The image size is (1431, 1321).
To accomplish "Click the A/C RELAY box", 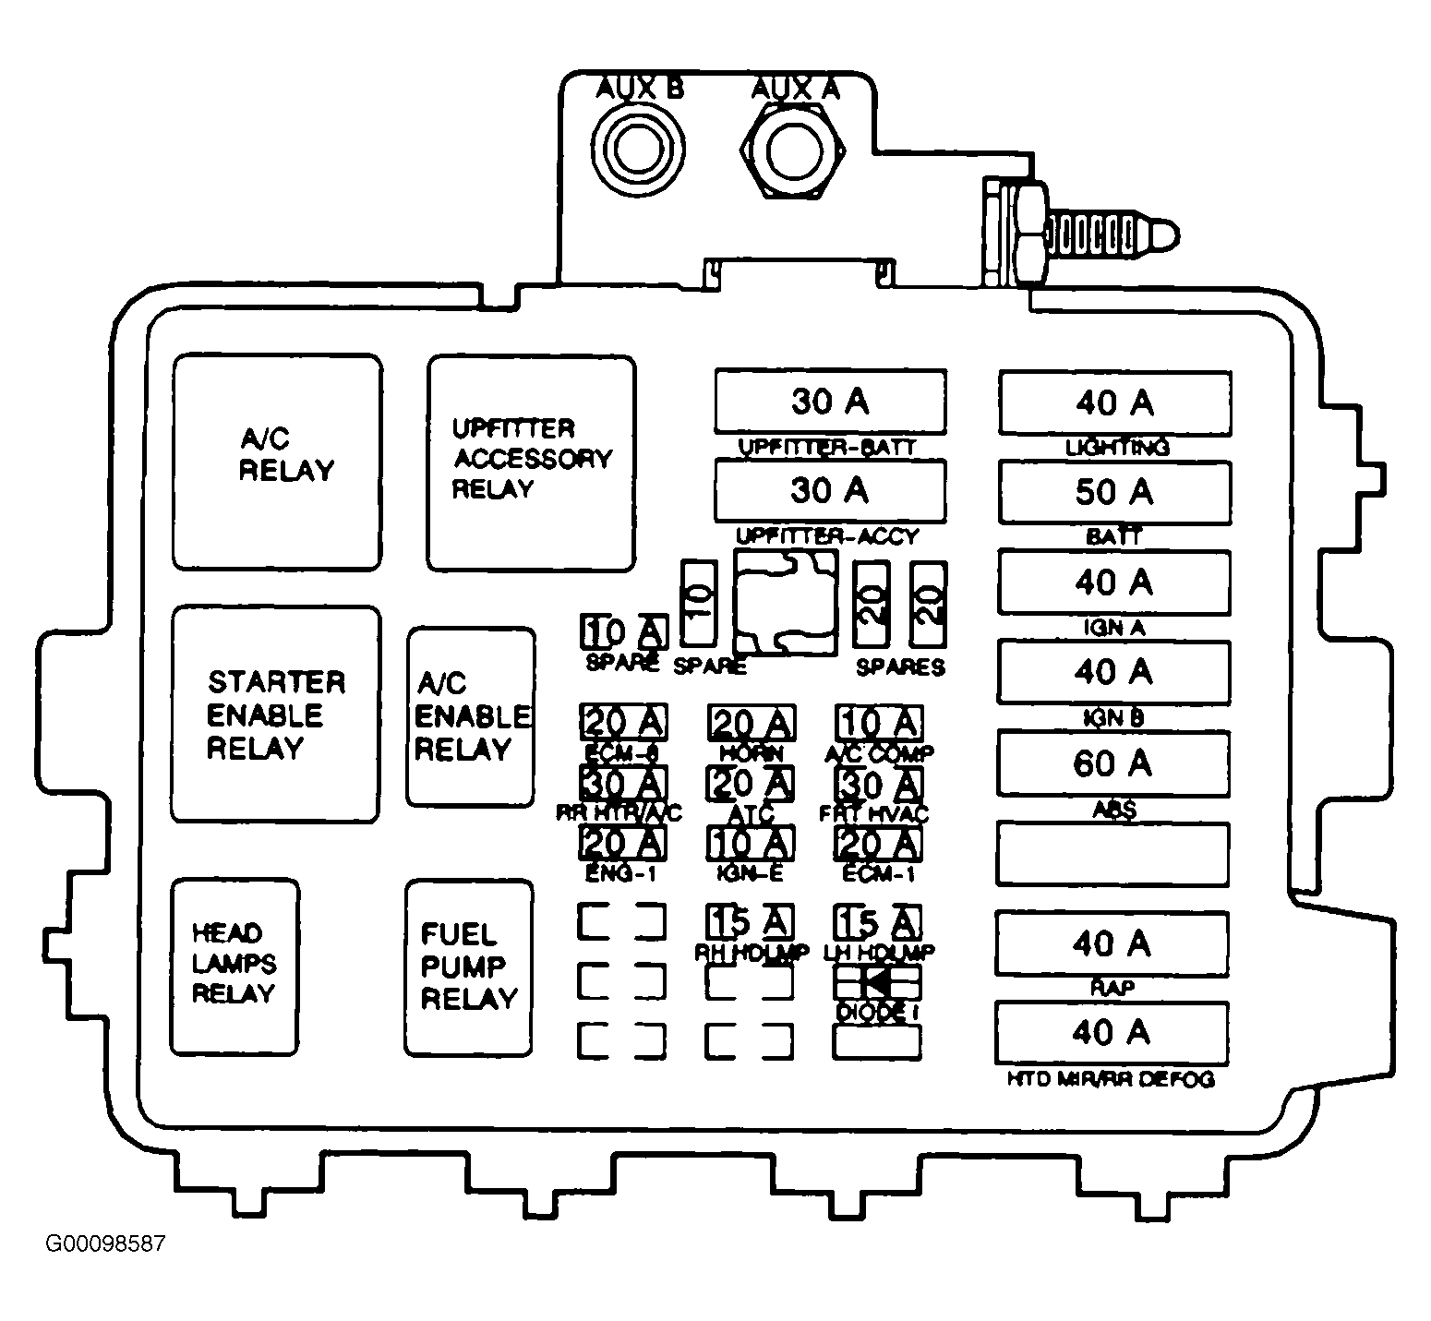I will (x=277, y=462).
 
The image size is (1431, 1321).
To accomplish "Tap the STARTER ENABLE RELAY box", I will (x=276, y=714).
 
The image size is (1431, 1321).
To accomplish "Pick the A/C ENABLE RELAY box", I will (x=471, y=717).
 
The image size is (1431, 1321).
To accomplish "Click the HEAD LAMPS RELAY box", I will (x=234, y=967).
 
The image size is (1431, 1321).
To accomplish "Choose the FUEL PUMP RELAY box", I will (x=469, y=968).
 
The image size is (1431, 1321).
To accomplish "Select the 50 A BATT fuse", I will (x=1114, y=492).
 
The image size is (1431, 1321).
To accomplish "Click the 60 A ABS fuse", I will (x=1113, y=763).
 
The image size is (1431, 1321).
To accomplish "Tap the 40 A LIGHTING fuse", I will (x=1114, y=402).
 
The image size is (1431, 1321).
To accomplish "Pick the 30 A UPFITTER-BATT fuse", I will (x=830, y=402).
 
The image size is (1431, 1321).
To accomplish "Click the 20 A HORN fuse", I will (x=752, y=723).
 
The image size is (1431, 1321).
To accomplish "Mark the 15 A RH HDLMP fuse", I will (x=751, y=921).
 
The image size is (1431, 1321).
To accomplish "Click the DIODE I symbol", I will (x=877, y=982).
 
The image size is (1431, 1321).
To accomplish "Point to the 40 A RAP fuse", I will (x=1112, y=943).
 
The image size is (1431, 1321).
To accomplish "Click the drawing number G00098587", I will (x=105, y=1244).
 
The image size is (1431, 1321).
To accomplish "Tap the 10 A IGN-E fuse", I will (x=751, y=843).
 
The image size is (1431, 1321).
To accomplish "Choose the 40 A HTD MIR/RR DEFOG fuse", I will (x=1112, y=1032).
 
